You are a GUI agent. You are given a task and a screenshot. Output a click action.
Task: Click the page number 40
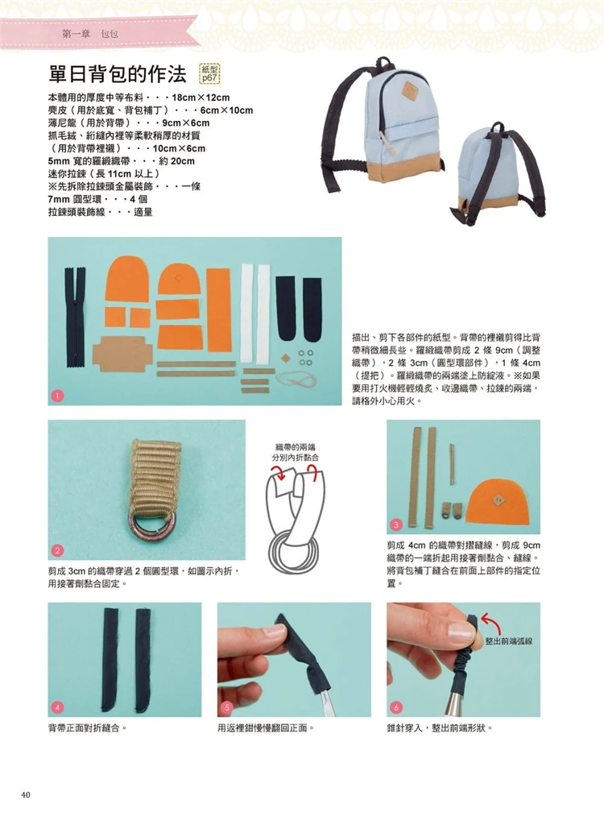(x=26, y=794)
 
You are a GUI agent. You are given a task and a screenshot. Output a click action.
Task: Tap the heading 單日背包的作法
(x=117, y=74)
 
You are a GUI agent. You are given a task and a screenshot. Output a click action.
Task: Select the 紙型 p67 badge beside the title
(x=210, y=74)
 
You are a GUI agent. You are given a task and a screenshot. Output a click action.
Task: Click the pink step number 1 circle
(x=57, y=396)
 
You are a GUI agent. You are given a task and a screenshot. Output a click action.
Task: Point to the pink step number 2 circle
(x=57, y=550)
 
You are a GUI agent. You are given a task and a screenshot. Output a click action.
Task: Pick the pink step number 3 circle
(x=395, y=525)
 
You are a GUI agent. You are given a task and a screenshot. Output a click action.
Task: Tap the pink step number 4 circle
(x=57, y=707)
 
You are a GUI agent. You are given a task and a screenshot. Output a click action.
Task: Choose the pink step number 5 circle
(x=226, y=707)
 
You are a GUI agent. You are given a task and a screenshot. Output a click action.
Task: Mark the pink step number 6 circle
(x=395, y=707)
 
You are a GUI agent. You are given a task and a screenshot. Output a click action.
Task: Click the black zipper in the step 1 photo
(x=75, y=318)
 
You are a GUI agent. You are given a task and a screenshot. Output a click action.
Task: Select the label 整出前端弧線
(x=509, y=641)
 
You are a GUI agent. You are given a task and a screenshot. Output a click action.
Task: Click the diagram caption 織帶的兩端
(x=296, y=447)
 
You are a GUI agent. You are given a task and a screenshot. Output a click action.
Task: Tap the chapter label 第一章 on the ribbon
(x=76, y=35)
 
